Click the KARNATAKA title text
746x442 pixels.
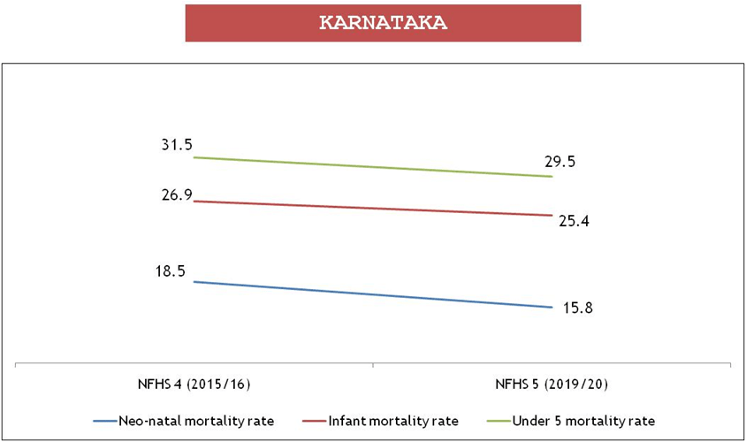383,24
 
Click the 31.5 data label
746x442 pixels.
175,144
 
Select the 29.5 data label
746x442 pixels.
563,161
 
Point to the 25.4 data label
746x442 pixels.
574,221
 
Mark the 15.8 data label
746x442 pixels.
577,309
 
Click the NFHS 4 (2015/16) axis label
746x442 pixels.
194,385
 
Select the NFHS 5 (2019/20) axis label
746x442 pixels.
552,385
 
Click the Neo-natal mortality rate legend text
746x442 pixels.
196,420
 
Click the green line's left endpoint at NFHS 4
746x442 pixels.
194,157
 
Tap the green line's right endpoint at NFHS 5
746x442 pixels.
552,177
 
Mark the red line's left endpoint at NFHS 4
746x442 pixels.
194,202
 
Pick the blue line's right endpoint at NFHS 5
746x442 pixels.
552,308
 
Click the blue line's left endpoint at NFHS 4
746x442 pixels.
194,282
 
